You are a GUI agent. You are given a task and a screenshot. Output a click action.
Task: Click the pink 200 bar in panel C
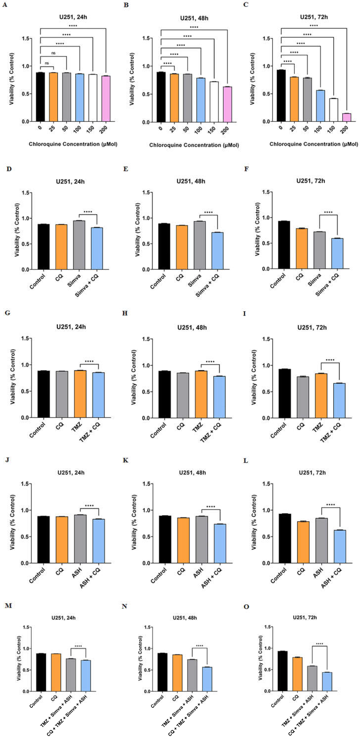[x=346, y=117]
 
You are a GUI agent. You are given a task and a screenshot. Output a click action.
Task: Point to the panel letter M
[x=8, y=605]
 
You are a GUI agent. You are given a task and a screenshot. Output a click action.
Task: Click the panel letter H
[x=125, y=313]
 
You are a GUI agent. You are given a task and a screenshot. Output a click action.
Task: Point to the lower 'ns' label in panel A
[x=47, y=63]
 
